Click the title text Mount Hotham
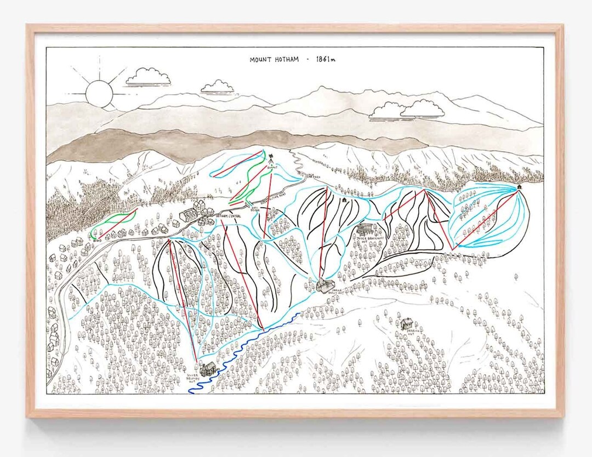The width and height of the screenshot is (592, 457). tap(274, 59)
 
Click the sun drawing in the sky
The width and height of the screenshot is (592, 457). tap(98, 93)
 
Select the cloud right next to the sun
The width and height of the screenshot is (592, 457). tap(148, 77)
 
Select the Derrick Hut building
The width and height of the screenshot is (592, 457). tap(407, 324)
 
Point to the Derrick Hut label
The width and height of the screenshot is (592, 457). tap(406, 333)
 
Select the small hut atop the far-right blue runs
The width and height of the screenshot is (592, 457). tap(518, 187)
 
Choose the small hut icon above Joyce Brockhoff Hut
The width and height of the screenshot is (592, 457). tap(344, 201)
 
